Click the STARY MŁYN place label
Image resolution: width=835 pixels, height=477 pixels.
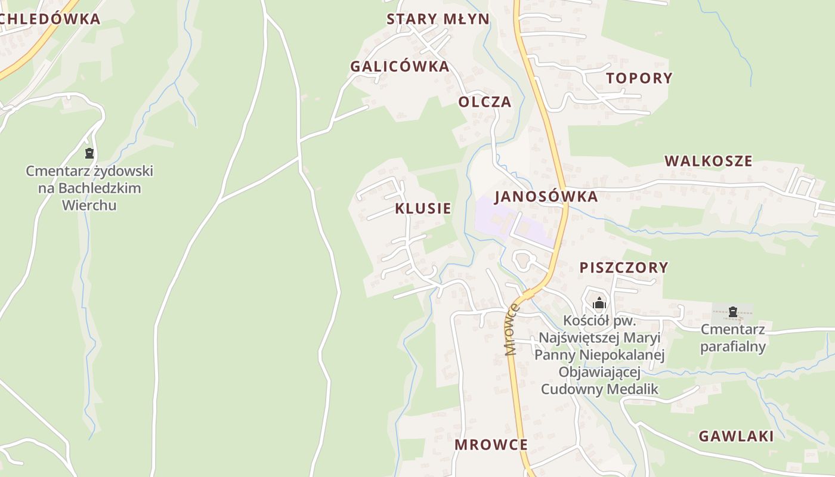438,19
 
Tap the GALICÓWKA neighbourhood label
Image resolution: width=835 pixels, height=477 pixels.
400,66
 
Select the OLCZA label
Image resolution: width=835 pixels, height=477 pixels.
484,102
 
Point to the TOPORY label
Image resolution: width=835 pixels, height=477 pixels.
639,78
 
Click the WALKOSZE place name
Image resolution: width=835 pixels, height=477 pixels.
708,161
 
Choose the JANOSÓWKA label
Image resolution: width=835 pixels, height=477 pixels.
546,197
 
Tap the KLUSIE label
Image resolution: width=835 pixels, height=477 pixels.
423,209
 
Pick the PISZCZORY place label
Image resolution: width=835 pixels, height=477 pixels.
623,268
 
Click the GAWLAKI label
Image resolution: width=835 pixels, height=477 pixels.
736,436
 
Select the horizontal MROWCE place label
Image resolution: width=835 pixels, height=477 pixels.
491,445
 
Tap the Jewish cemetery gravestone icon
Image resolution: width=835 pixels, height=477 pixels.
89,153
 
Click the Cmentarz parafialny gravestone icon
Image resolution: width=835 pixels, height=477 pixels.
732,311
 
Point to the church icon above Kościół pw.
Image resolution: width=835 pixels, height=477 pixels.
599,303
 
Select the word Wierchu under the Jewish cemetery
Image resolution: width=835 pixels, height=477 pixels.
89,205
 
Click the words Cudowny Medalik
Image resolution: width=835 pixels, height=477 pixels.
599,389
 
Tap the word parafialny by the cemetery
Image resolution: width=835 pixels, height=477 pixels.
732,346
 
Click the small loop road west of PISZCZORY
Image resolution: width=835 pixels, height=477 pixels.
523,261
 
